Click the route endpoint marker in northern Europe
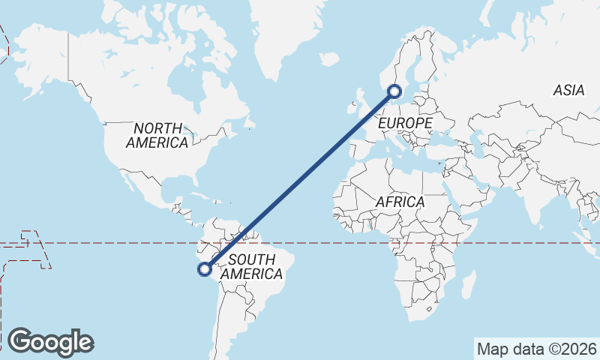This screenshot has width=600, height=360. tap(394, 92)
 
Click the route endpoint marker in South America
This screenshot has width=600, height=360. tap(204, 269)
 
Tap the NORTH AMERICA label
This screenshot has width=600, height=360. tap(157, 135)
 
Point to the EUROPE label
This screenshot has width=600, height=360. tap(406, 122)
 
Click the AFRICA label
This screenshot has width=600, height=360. tap(400, 202)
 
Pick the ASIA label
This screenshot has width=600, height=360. tap(568, 90)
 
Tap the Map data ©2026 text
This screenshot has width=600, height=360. tap(537, 349)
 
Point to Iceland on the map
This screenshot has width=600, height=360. tap(330, 58)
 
